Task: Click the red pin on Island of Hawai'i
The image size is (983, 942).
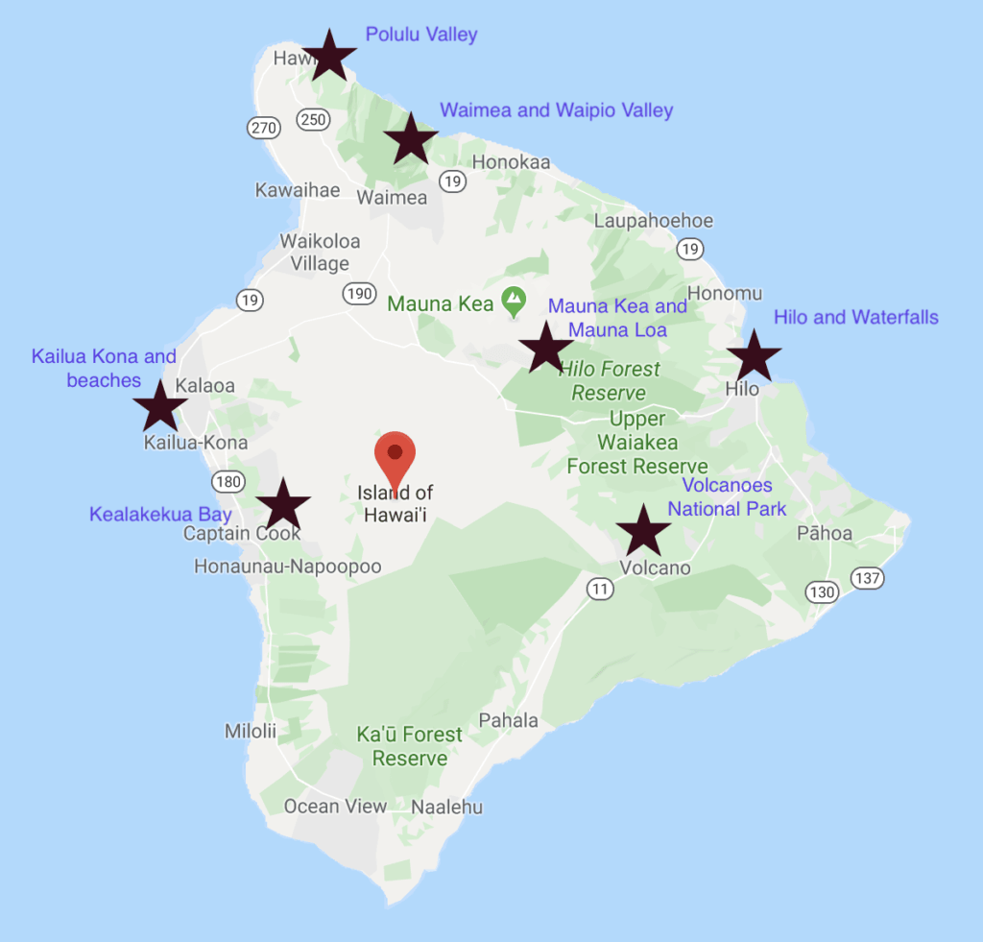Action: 395,456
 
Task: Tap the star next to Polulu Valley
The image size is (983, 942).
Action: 328,55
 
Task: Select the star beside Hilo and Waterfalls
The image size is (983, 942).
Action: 754,356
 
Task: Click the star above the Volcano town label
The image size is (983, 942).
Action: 643,529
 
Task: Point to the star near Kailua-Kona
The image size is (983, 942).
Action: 159,404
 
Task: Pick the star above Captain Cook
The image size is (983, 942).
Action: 283,504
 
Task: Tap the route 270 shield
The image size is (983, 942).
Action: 261,127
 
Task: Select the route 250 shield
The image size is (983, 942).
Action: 315,119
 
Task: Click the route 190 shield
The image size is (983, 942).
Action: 360,293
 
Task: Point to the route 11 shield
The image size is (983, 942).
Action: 600,589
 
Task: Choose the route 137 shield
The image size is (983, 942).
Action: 868,578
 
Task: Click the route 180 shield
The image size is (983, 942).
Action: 228,481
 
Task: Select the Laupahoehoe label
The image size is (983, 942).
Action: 653,221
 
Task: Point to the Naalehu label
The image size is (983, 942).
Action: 446,807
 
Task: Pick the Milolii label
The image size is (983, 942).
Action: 251,732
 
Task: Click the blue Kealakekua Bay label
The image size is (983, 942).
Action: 160,515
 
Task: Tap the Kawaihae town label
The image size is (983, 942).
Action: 298,190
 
